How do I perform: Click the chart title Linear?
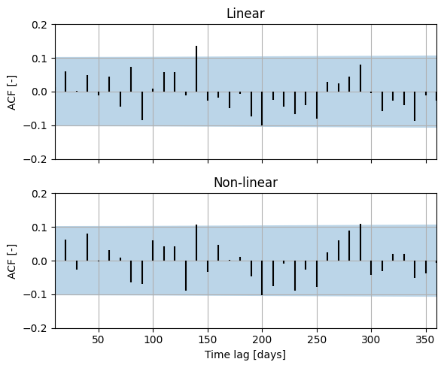tap(245, 14)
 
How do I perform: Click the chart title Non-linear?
tap(245, 182)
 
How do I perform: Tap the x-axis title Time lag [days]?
tap(245, 354)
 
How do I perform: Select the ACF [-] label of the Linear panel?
tap(12, 92)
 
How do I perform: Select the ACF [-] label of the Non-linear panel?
tap(12, 261)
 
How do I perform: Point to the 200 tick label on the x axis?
tap(262, 339)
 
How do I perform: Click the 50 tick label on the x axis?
tap(99, 339)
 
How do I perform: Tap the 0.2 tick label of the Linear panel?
tap(39, 25)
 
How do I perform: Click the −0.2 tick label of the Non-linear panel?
tap(35, 328)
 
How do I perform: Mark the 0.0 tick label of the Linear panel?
tap(39, 92)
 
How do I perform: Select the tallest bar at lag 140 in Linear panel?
tap(196, 68)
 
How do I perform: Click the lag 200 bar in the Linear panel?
tap(262, 109)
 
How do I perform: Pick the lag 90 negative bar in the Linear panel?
tap(142, 106)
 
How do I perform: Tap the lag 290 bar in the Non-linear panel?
tap(360, 243)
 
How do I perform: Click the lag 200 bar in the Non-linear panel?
tap(262, 278)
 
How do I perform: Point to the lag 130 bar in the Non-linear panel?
tap(186, 276)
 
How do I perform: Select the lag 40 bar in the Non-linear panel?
tap(87, 247)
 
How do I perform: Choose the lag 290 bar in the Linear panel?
tap(360, 78)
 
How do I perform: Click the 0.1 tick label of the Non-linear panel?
tap(39, 228)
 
